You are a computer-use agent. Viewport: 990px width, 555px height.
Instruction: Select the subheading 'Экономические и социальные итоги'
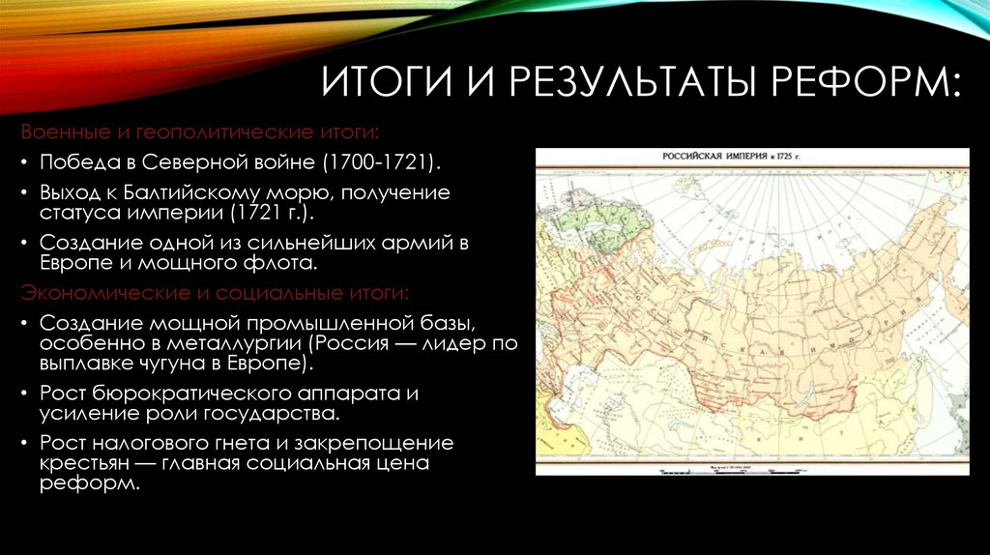(215, 291)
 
